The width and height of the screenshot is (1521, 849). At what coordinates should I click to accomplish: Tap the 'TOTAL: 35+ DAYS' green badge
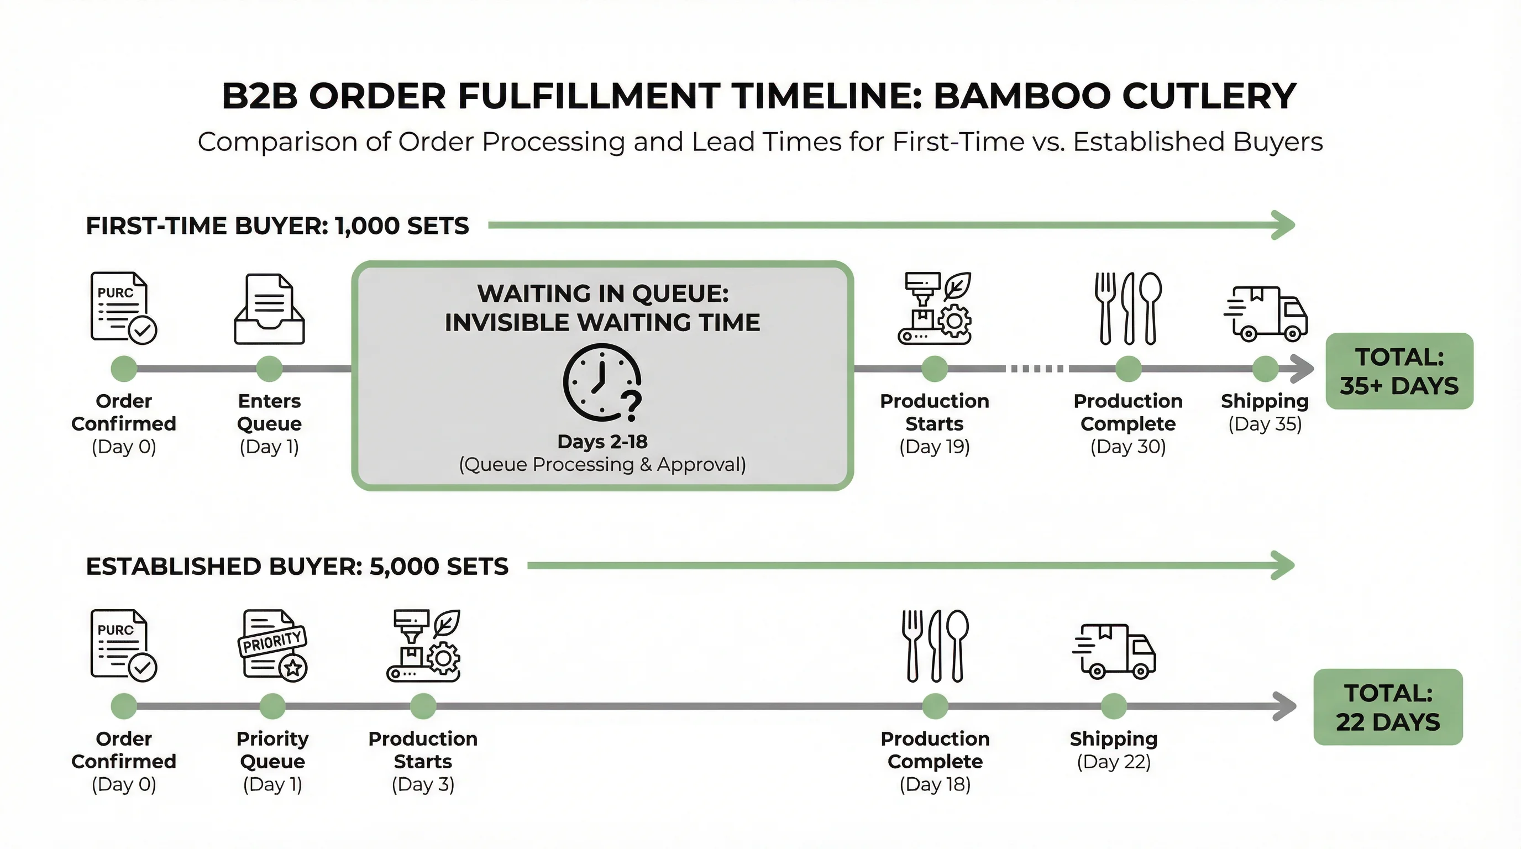[x=1399, y=371]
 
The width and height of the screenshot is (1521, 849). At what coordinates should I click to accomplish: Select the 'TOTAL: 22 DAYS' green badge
[x=1388, y=707]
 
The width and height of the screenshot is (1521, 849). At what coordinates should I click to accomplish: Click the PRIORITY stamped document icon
[x=273, y=644]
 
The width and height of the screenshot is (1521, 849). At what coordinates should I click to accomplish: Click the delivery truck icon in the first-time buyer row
[x=1265, y=313]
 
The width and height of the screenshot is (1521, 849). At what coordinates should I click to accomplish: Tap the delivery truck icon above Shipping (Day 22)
[x=1114, y=651]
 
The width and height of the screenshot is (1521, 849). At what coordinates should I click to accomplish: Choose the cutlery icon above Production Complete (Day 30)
[x=1127, y=308]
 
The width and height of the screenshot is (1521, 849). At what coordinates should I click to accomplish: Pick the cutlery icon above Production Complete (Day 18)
[x=935, y=646]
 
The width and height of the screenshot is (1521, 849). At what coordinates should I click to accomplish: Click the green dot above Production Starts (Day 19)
[x=934, y=369]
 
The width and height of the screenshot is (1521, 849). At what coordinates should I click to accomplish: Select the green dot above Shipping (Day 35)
[x=1265, y=369]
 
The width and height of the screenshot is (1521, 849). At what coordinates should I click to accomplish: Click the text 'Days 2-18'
[x=602, y=442]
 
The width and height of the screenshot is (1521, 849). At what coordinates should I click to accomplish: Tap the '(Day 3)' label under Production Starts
[x=423, y=785]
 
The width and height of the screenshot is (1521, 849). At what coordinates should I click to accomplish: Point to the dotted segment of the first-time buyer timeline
[x=1037, y=369]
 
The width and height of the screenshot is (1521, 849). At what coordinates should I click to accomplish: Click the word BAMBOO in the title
[x=1021, y=96]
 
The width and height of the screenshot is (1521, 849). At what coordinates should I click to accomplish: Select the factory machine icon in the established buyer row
[x=423, y=646]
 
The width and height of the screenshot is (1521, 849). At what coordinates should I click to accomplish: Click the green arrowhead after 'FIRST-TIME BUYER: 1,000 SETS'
[x=1283, y=225]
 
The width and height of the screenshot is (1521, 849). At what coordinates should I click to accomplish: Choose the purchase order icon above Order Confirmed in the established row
[x=123, y=645]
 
